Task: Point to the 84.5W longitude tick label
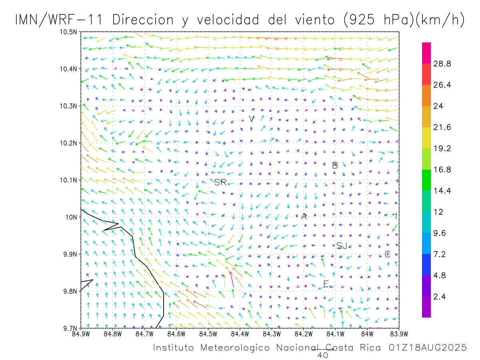click(x=208, y=333)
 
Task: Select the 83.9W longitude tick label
click(x=399, y=333)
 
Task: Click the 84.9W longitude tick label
click(x=81, y=333)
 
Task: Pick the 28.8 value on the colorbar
click(x=443, y=64)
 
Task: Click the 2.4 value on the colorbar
click(x=441, y=296)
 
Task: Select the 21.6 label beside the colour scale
click(x=443, y=127)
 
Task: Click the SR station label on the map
click(x=220, y=183)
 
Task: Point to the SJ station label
click(x=342, y=246)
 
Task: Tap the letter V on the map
click(x=251, y=119)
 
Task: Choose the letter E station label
click(x=326, y=284)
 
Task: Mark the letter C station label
click(x=387, y=254)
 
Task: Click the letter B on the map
click(x=335, y=165)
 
